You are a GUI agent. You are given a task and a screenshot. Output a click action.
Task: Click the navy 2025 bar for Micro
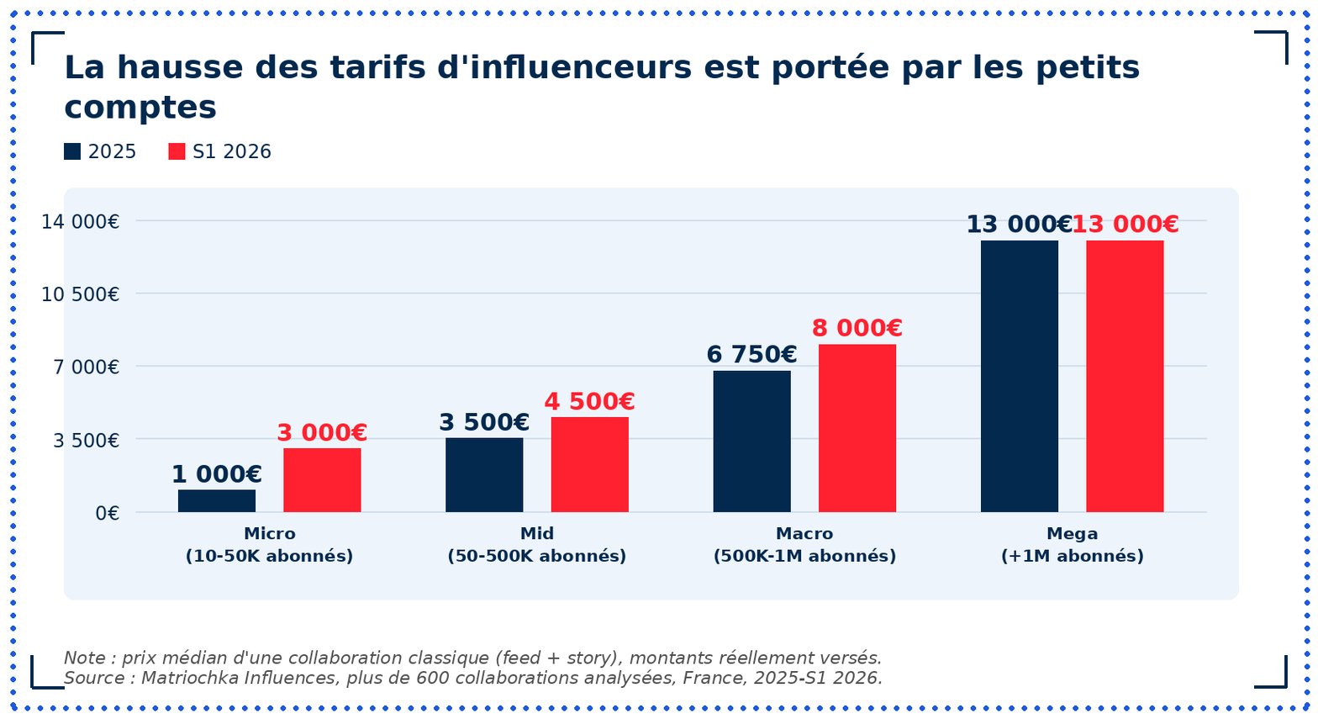217,500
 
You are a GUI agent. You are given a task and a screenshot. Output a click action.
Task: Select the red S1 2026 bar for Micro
322,480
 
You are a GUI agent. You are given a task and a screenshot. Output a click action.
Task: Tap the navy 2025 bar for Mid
484,474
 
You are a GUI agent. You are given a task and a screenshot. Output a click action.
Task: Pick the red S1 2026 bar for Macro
857,428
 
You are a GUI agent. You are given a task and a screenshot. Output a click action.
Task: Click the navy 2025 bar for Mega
1019,376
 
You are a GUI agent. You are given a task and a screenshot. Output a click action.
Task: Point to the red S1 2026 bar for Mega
1125,376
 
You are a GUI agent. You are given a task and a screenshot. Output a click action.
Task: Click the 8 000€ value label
857,328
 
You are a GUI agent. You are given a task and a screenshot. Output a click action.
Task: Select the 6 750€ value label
752,355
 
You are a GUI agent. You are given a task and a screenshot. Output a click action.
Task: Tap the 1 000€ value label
217,474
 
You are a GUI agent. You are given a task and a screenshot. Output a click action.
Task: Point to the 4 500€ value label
589,402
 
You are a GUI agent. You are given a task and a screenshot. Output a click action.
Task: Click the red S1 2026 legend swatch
177,151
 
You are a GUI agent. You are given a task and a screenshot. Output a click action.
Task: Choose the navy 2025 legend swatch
72,151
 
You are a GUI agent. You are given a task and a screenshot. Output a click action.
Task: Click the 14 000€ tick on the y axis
80,222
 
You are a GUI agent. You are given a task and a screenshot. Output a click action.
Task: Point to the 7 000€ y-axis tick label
86,367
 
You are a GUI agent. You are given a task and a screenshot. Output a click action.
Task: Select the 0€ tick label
107,514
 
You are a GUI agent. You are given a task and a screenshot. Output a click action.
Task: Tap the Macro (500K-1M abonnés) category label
804,545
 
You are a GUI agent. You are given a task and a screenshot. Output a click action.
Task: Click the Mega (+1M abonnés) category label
1072,545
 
